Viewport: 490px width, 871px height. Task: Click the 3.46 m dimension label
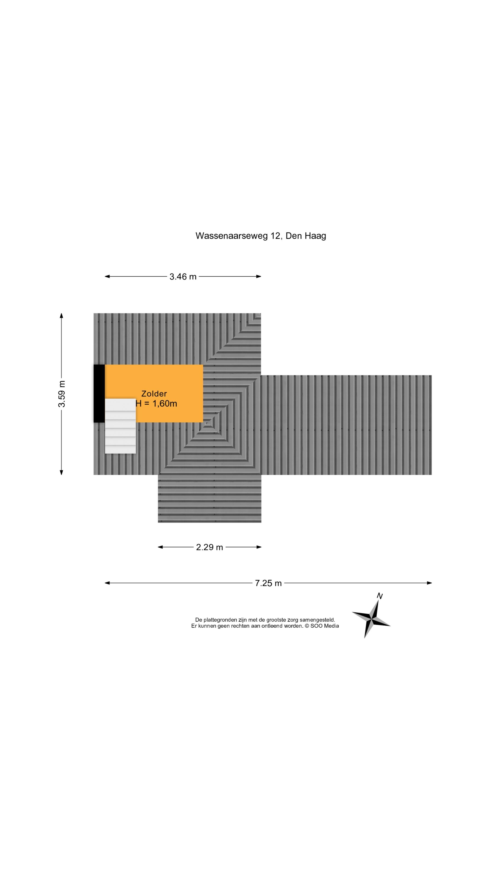pos(183,276)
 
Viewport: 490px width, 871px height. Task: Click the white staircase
pos(120,426)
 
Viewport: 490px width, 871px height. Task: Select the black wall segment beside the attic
pos(99,394)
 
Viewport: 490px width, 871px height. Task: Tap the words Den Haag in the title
pos(306,236)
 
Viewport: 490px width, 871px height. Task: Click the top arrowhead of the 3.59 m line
pos(61,316)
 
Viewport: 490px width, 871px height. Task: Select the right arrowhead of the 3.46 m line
pos(259,276)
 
